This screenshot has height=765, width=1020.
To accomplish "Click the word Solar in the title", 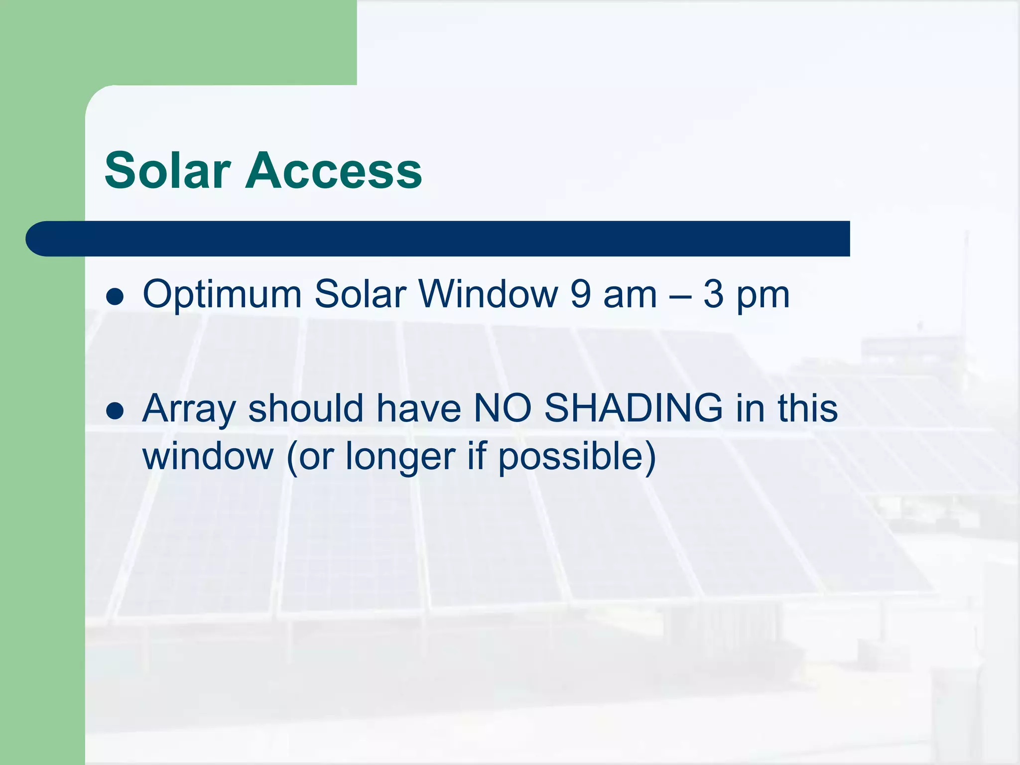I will (x=168, y=171).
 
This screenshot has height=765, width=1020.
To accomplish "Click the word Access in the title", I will (x=333, y=171).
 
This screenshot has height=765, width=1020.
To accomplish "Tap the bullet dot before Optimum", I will (x=115, y=296).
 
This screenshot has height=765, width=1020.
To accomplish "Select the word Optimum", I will (x=222, y=295).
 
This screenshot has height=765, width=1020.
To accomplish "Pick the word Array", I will (x=189, y=410).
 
